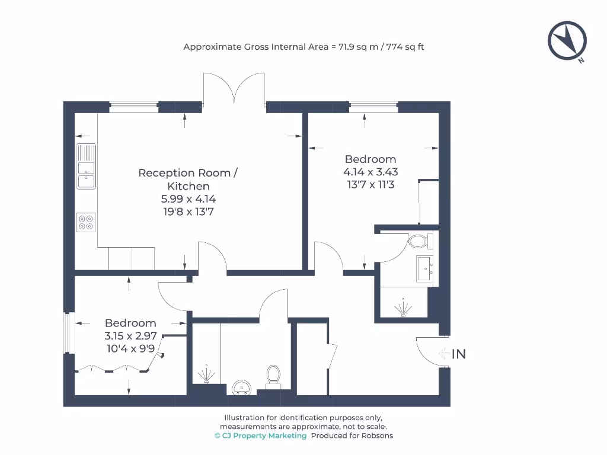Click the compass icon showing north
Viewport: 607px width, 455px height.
click(x=567, y=41)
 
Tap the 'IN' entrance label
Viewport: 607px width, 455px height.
click(x=459, y=354)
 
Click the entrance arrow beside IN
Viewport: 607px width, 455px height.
click(x=444, y=354)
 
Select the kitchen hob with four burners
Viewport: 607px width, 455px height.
click(x=86, y=222)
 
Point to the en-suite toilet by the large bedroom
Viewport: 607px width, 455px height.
click(x=420, y=241)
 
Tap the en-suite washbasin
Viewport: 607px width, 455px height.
click(x=424, y=270)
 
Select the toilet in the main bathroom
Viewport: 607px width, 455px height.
click(x=273, y=375)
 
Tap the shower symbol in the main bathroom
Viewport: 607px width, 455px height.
click(x=206, y=374)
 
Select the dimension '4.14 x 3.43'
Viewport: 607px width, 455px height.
click(x=370, y=172)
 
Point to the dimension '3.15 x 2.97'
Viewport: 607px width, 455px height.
click(x=130, y=336)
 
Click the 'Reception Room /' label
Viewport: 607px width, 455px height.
click(x=188, y=173)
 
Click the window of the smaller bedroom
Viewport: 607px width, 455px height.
click(x=67, y=333)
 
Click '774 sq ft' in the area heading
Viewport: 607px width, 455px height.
click(x=405, y=47)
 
